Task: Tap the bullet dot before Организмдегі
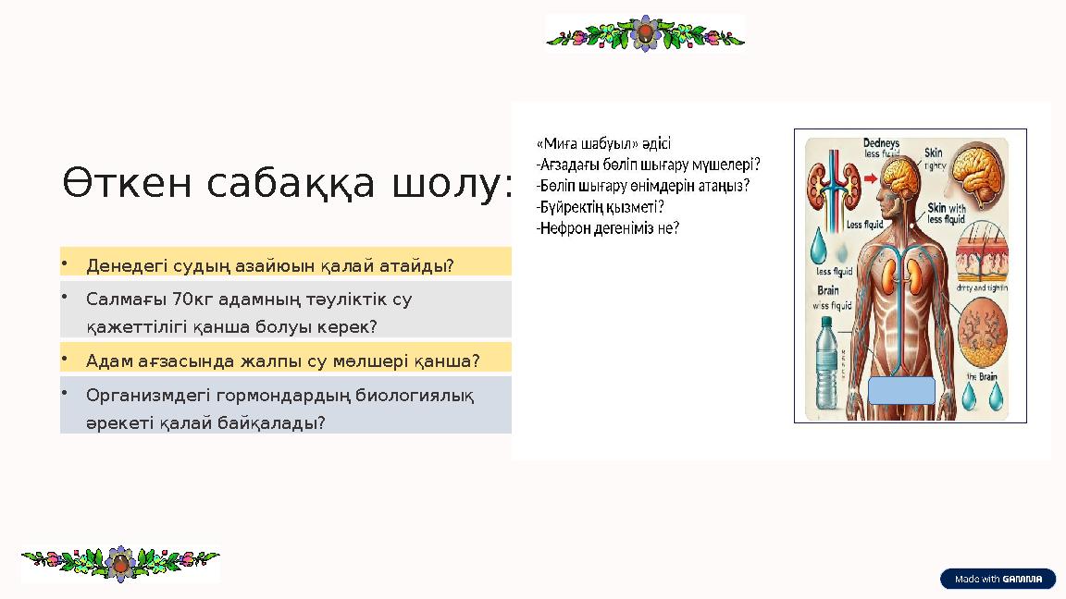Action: tap(66, 392)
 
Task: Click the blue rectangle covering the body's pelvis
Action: tap(901, 390)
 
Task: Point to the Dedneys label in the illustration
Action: tap(880, 143)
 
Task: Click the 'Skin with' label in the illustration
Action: tap(946, 209)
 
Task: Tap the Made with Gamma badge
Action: tap(998, 580)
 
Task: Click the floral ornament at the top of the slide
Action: tap(645, 33)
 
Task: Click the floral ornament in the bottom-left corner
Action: tap(120, 563)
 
